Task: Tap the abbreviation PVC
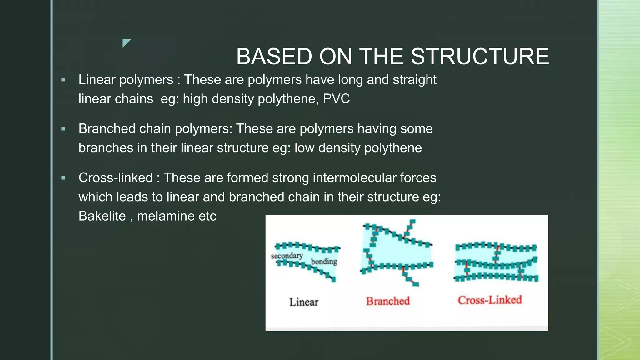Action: point(336,99)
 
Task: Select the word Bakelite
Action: point(102,216)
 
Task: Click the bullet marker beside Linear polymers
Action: point(63,80)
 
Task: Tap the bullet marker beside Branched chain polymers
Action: point(63,129)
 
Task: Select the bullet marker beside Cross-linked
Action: point(63,178)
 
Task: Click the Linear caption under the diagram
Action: point(303,302)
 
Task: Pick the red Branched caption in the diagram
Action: point(388,301)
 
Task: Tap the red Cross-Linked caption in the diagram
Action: point(490,300)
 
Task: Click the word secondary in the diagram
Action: point(287,256)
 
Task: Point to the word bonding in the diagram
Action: point(324,261)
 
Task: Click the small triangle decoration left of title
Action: point(126,43)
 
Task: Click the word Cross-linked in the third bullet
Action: point(115,178)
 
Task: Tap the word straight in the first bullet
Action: point(414,80)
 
